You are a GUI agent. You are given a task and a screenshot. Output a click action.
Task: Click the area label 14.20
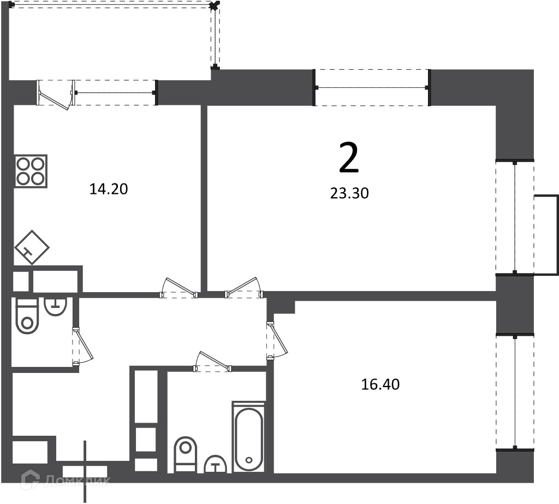click(109, 189)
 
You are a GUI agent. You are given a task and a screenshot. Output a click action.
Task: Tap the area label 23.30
click(349, 193)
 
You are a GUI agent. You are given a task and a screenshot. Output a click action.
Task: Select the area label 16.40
click(380, 384)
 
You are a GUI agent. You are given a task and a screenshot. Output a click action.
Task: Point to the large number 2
click(349, 158)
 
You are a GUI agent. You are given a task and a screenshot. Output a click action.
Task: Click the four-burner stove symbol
click(31, 171)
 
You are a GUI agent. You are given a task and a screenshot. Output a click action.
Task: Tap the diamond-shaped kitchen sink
click(32, 247)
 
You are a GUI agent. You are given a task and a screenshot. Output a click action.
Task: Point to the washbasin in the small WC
click(55, 306)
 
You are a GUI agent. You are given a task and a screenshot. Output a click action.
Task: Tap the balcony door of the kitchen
click(56, 95)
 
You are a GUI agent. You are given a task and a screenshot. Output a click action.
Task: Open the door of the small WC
click(83, 346)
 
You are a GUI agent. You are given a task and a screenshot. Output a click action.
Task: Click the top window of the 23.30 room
click(371, 88)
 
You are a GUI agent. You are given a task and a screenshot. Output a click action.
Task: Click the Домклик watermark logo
click(66, 481)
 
